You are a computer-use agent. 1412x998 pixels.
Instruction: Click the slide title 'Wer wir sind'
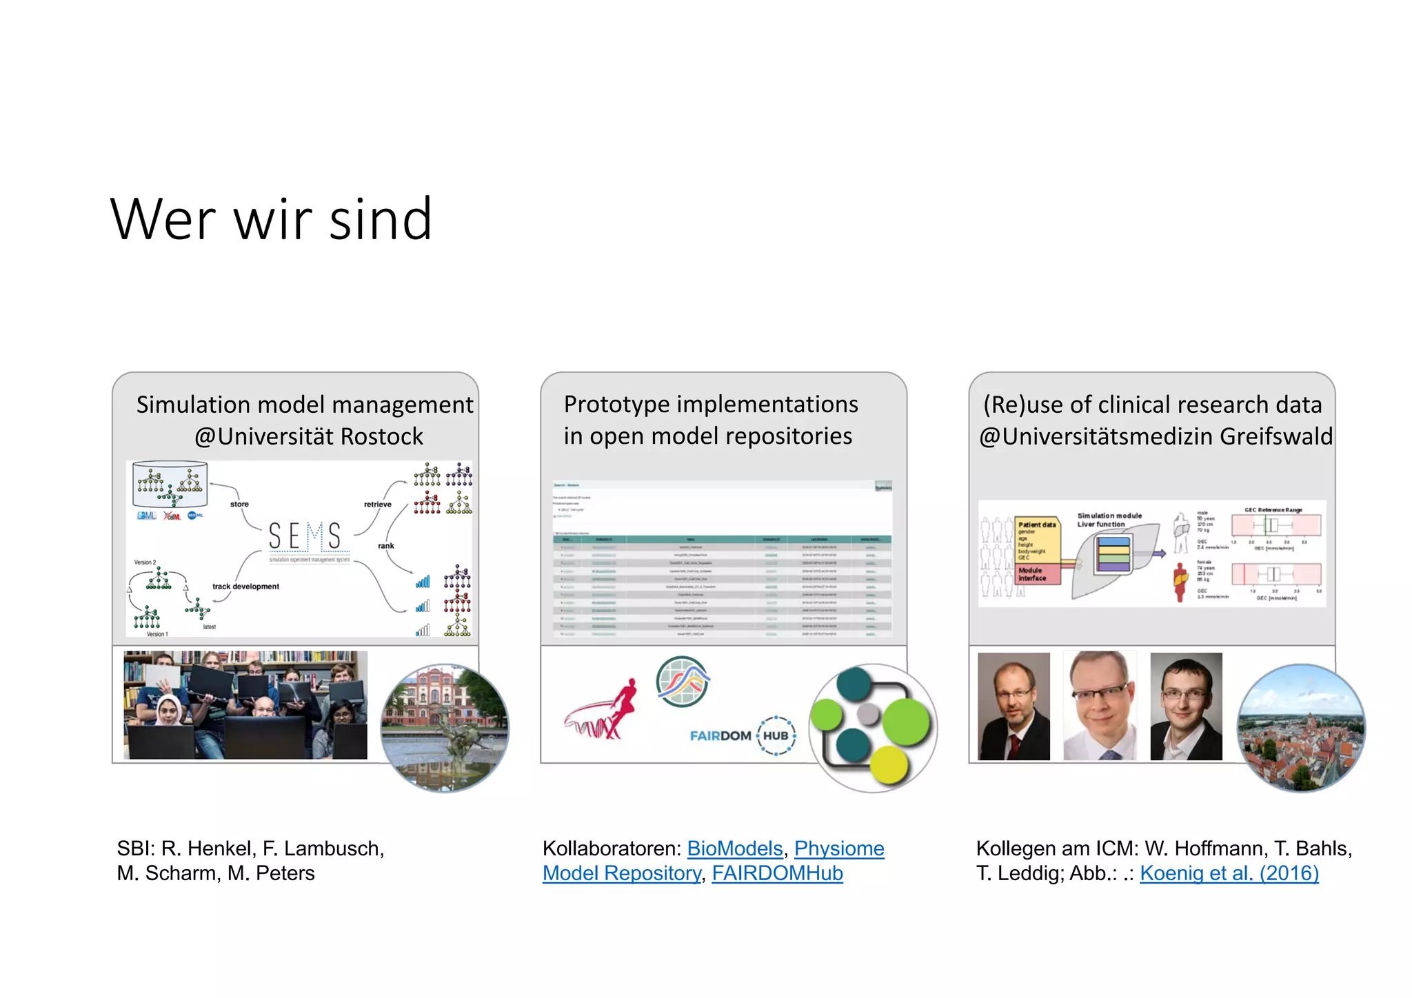pyautogui.click(x=271, y=219)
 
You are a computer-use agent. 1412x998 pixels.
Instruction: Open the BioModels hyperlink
pyautogui.click(x=734, y=848)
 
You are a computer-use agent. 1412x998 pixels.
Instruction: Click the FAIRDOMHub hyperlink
pyautogui.click(x=777, y=873)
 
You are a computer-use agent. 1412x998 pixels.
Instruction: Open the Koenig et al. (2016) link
pyautogui.click(x=1229, y=873)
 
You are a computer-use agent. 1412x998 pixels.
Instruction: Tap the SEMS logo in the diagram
pyautogui.click(x=305, y=537)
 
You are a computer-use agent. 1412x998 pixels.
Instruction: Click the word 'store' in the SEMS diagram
pyautogui.click(x=239, y=505)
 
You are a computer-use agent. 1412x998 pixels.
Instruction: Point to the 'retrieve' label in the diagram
pyautogui.click(x=377, y=505)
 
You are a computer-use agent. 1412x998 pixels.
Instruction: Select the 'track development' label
pyautogui.click(x=245, y=587)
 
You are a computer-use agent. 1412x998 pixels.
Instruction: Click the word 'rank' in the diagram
pyautogui.click(x=385, y=546)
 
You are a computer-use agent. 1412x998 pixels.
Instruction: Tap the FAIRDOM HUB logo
pyautogui.click(x=743, y=735)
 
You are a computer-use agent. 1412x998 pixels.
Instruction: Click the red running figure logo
pyautogui.click(x=603, y=710)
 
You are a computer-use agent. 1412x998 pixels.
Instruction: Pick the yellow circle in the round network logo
pyautogui.click(x=890, y=764)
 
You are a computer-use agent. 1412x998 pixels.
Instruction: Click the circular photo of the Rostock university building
pyautogui.click(x=445, y=728)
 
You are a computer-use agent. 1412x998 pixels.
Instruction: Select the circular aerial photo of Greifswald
pyautogui.click(x=1301, y=728)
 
